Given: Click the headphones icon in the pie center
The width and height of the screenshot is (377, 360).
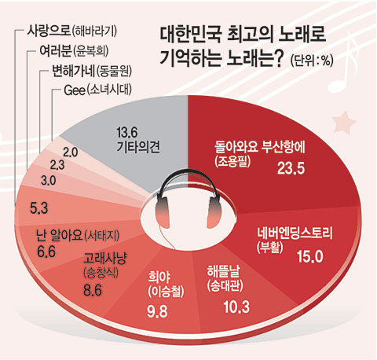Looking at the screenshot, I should (186, 201).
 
